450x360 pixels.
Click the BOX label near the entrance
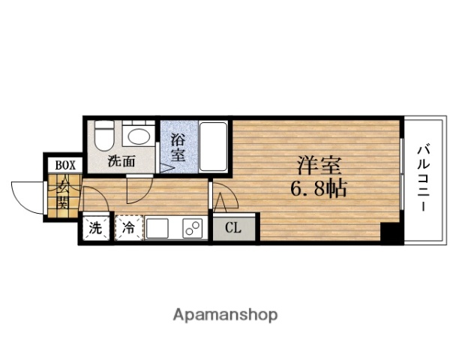pos(64,165)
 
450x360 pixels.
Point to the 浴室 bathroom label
pos(178,147)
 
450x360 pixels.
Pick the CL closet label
pos(234,228)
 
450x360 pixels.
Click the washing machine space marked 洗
pos(96,228)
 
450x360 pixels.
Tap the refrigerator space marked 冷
pos(128,228)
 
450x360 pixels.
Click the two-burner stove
pos(193,229)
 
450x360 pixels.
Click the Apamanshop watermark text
pos(225,314)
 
